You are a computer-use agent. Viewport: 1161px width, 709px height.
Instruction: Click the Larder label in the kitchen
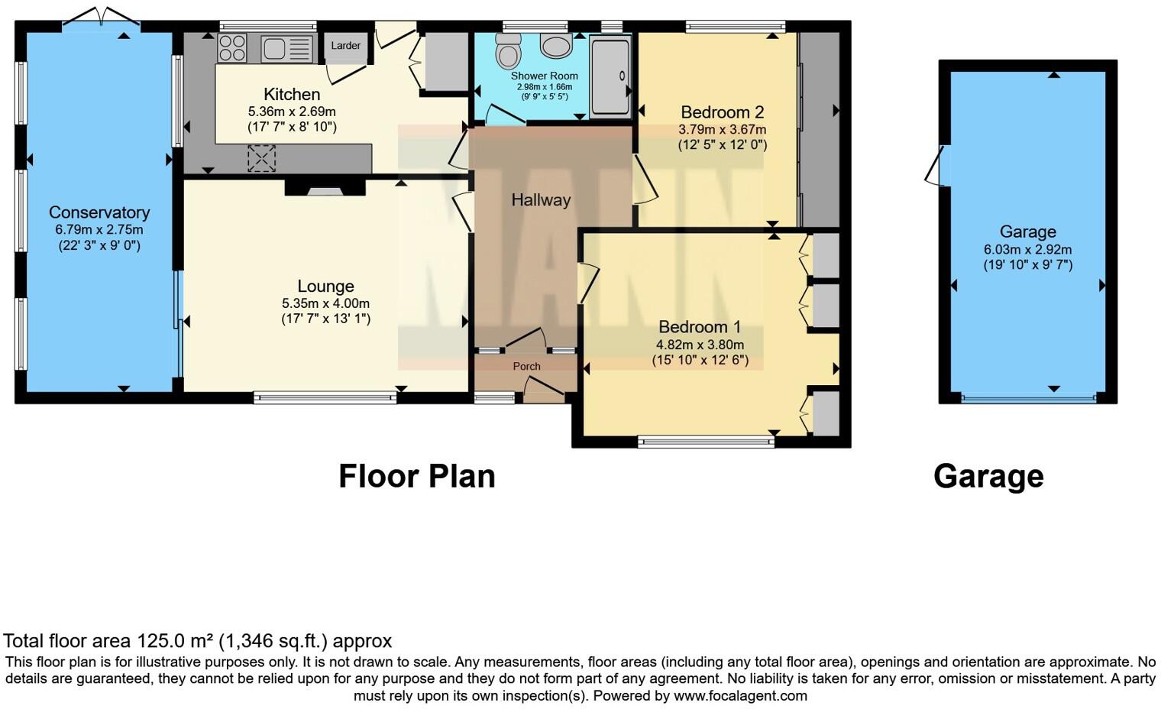345,46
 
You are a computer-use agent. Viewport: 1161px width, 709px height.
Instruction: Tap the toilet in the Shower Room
507,52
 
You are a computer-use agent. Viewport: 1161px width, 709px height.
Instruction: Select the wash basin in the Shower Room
555,45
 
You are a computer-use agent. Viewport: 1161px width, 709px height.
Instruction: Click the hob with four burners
232,48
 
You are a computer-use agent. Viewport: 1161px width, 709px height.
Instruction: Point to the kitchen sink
286,49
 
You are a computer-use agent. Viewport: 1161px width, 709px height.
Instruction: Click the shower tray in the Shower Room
610,76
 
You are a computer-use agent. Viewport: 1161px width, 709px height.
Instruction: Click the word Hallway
541,200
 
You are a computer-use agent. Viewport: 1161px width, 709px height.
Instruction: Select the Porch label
526,367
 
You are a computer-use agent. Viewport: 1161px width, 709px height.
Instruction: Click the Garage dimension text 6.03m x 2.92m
1027,250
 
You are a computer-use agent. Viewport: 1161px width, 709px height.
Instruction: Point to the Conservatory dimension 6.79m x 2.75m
99,229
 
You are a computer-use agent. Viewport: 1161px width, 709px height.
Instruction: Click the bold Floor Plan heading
417,476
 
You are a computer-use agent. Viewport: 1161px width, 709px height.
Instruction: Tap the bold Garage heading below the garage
988,476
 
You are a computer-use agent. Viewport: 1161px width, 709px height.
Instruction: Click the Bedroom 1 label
700,327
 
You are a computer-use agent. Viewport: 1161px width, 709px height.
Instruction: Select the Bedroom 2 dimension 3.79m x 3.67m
722,129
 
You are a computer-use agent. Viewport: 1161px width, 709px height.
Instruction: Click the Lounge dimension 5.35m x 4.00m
325,303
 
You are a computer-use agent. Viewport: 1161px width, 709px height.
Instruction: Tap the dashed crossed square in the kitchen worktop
261,158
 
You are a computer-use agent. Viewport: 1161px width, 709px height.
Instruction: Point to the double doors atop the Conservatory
99,17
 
